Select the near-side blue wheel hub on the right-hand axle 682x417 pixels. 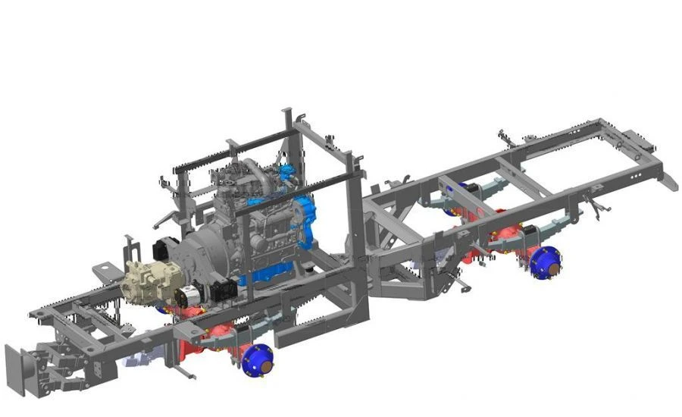545,262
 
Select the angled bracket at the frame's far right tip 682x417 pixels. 668,180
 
